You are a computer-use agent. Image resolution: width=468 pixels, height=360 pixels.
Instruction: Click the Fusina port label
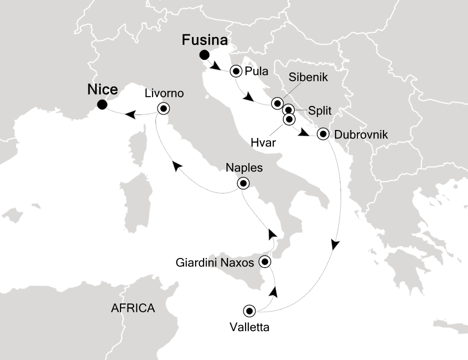(x=205, y=40)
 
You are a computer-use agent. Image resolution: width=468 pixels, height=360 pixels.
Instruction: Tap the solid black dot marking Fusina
(x=203, y=55)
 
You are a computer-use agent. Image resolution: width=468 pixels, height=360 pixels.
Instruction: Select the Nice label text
(x=102, y=90)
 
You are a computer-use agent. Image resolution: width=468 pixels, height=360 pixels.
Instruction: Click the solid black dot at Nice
(x=102, y=104)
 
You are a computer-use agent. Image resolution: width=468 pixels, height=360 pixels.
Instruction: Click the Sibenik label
(x=305, y=78)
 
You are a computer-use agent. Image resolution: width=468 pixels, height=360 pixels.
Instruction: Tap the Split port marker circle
(x=288, y=110)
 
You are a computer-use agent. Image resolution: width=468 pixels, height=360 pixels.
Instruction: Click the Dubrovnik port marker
(x=323, y=133)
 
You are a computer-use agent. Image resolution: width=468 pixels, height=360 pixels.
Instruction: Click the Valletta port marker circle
(x=249, y=311)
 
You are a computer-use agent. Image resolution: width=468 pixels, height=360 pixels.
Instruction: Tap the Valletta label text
(x=249, y=328)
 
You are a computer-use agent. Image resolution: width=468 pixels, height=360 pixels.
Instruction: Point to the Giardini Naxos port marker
(x=265, y=261)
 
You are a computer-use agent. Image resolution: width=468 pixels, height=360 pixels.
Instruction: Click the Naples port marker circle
(x=243, y=183)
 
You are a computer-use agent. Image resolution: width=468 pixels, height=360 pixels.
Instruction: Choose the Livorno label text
(x=164, y=93)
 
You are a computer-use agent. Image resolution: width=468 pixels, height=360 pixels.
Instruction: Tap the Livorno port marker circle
(x=163, y=108)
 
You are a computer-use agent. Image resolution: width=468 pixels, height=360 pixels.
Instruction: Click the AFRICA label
(x=133, y=308)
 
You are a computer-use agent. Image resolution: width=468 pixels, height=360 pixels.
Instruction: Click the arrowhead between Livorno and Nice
(x=129, y=114)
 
